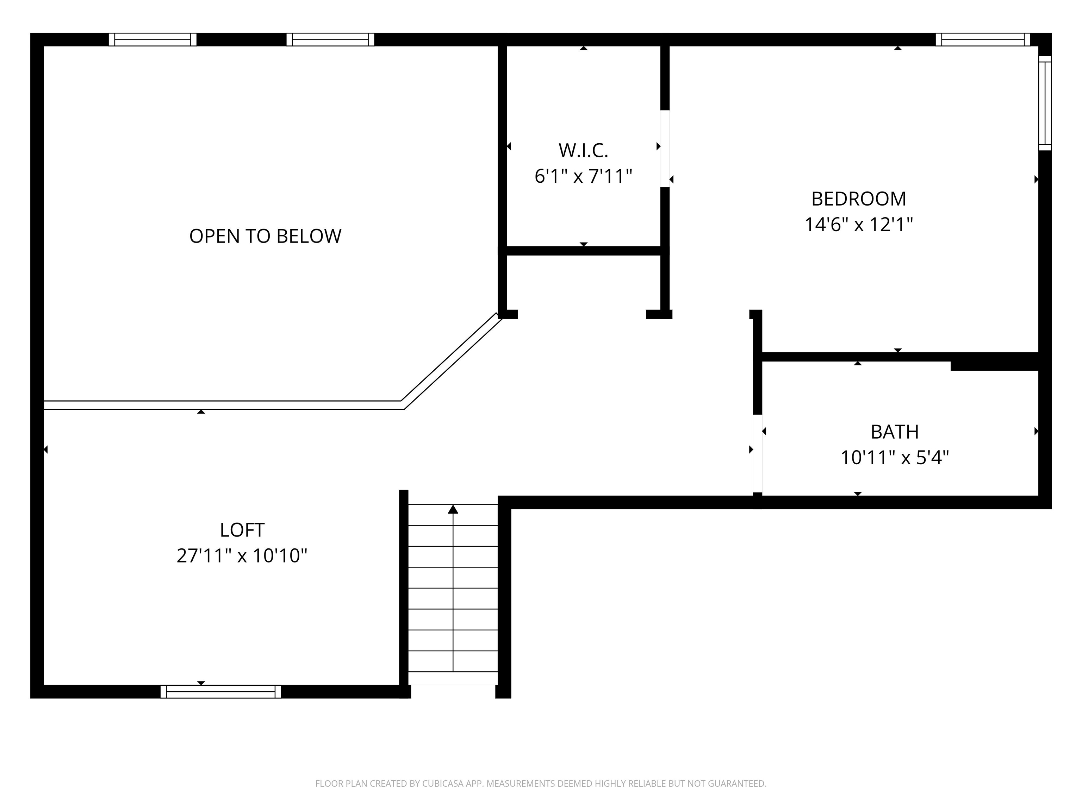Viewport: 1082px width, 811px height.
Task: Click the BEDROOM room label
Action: [858, 199]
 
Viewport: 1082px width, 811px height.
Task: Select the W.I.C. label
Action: [583, 151]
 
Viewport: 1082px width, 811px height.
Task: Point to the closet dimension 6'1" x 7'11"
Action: [583, 176]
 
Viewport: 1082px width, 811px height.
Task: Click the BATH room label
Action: [894, 432]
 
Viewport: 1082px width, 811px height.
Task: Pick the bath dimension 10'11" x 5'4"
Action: [894, 458]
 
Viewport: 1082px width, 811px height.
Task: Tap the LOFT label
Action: [242, 530]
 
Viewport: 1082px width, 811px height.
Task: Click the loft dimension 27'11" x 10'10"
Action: [242, 556]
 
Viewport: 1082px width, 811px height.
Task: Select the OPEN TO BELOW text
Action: [265, 236]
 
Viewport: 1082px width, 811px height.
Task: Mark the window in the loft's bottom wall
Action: [220, 691]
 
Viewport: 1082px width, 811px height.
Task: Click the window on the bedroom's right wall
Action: [1045, 103]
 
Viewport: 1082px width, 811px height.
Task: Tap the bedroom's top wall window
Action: [982, 39]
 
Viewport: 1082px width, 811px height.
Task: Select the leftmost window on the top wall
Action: [152, 39]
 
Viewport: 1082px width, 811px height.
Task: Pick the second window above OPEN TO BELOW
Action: [330, 39]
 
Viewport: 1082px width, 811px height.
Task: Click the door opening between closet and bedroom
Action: [665, 149]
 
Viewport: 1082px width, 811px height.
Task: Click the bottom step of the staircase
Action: [453, 678]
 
